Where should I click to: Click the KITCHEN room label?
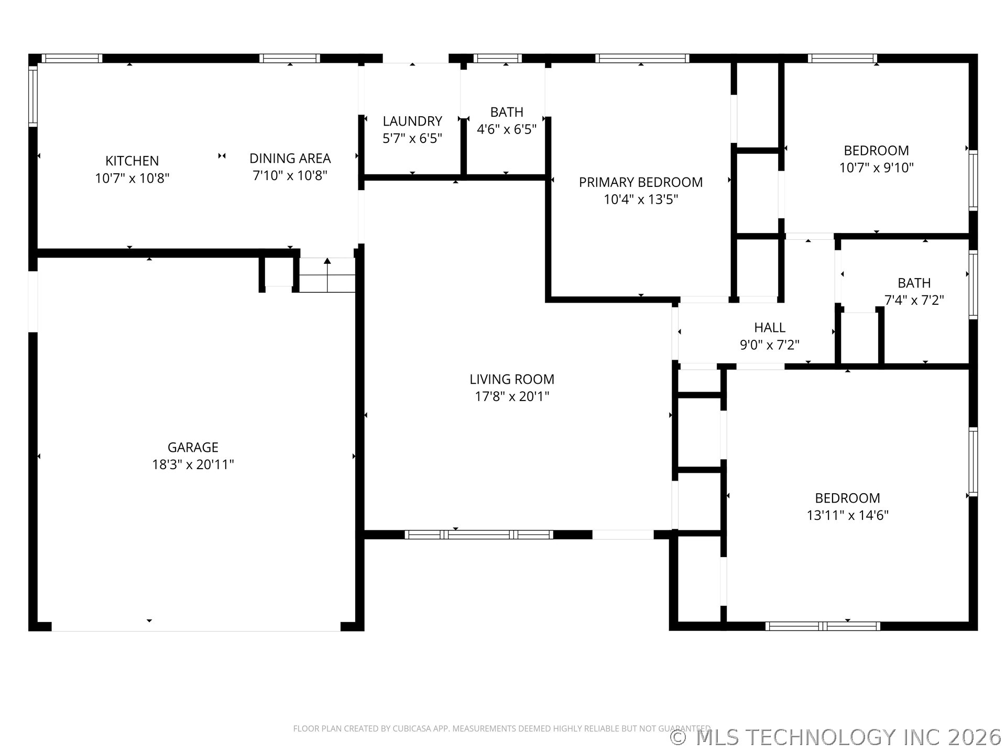pos(132,161)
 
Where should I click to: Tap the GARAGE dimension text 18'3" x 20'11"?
pos(193,464)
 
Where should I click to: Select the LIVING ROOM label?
pos(512,379)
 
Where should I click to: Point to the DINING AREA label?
pos(290,158)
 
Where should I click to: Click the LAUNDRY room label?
pos(412,121)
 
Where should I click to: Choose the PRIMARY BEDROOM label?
pos(641,182)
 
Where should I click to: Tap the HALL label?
pos(770,328)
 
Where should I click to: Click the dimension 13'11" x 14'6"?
pos(848,515)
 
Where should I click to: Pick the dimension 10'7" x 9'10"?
pos(877,168)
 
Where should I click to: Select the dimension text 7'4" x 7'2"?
pos(914,300)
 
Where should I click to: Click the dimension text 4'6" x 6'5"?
pos(507,129)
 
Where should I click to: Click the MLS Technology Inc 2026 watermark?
pos(836,737)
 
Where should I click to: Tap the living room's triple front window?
pos(479,535)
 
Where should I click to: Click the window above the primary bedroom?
pos(642,58)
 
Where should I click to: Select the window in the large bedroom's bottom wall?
pos(823,626)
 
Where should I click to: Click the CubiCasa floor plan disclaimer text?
pos(502,728)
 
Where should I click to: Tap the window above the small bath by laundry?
pos(497,58)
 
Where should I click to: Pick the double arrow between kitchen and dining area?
pos(222,156)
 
